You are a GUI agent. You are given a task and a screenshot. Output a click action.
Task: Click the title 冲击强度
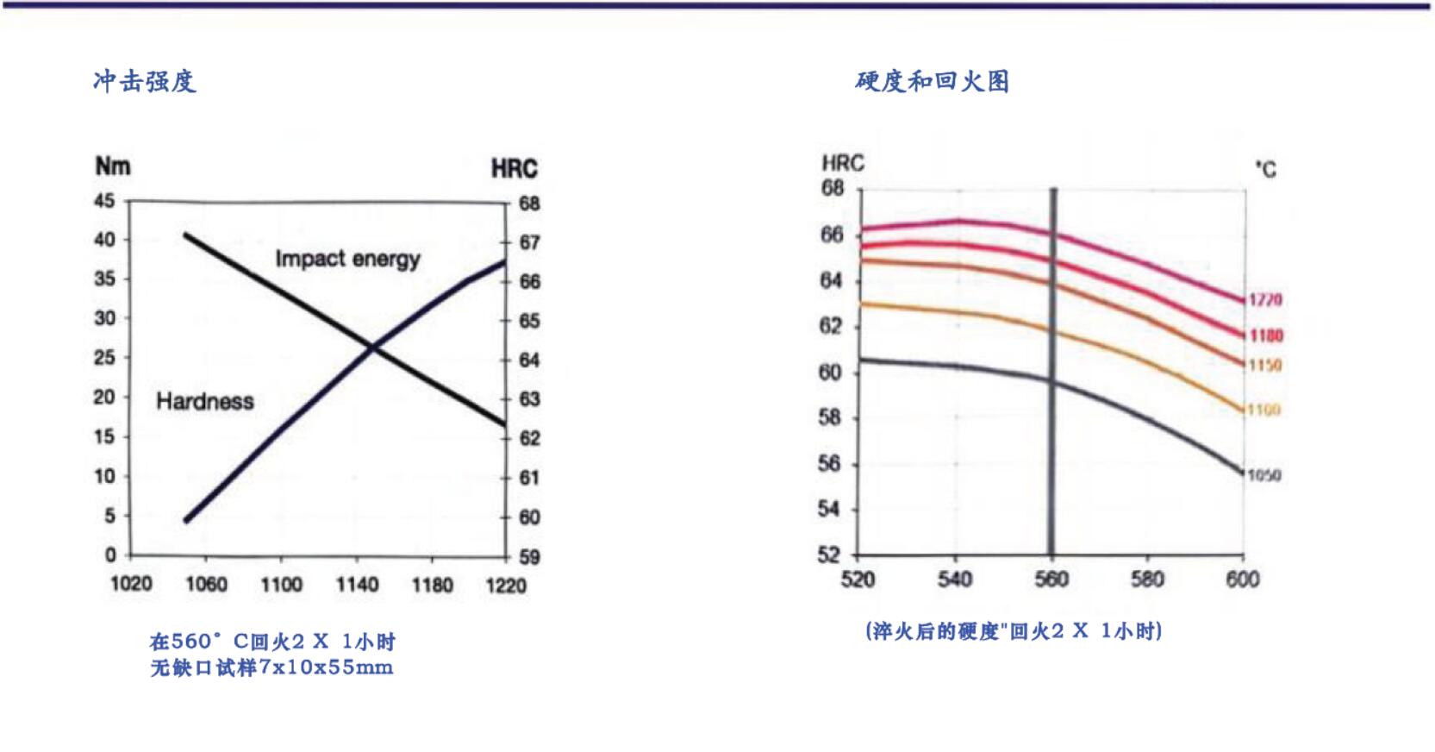click(x=145, y=81)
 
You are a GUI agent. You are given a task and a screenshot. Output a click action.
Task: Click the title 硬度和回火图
click(x=932, y=81)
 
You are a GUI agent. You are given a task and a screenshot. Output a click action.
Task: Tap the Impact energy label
click(x=347, y=259)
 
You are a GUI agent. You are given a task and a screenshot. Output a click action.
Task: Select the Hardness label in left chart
click(x=205, y=401)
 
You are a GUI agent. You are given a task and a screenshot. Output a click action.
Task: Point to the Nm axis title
click(x=113, y=166)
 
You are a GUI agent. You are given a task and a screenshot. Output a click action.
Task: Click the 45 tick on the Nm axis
click(x=104, y=201)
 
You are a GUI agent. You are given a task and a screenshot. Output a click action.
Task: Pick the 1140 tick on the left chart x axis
click(x=357, y=585)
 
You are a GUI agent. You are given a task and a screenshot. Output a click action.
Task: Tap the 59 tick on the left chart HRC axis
click(x=529, y=557)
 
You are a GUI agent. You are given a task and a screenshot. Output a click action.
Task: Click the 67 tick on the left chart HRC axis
click(x=529, y=242)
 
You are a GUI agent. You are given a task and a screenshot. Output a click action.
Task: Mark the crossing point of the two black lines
click(x=372, y=348)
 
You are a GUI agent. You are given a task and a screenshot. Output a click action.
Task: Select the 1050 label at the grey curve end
click(x=1263, y=475)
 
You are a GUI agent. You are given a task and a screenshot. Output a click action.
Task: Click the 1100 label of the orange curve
click(x=1263, y=410)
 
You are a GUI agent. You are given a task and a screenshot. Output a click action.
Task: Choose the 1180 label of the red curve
click(x=1265, y=335)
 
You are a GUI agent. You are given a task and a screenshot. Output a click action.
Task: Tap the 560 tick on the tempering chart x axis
click(x=1051, y=579)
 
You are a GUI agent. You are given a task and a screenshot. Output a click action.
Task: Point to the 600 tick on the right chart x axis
click(x=1243, y=579)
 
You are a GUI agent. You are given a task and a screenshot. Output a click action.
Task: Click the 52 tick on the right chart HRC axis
click(x=828, y=555)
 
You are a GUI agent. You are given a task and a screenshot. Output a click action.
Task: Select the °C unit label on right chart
click(x=1266, y=169)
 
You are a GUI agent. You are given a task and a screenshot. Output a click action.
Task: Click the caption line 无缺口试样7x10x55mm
click(x=271, y=667)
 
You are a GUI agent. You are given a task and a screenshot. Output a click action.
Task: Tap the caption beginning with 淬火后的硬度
click(x=1014, y=631)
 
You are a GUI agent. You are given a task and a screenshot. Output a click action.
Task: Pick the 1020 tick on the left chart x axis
click(x=131, y=585)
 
